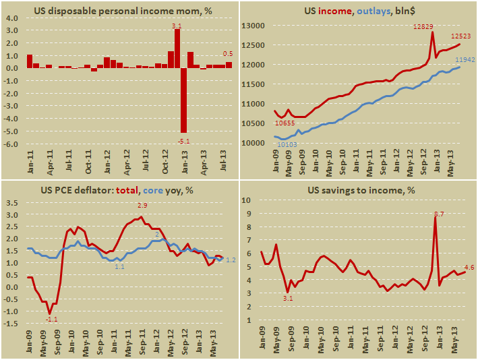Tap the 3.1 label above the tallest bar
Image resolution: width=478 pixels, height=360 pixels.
[x=177, y=24]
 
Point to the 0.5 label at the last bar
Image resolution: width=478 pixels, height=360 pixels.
[x=229, y=55]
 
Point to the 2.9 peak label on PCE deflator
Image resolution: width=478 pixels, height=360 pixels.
[x=142, y=205]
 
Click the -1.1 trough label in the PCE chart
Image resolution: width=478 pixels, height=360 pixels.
[x=51, y=320]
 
